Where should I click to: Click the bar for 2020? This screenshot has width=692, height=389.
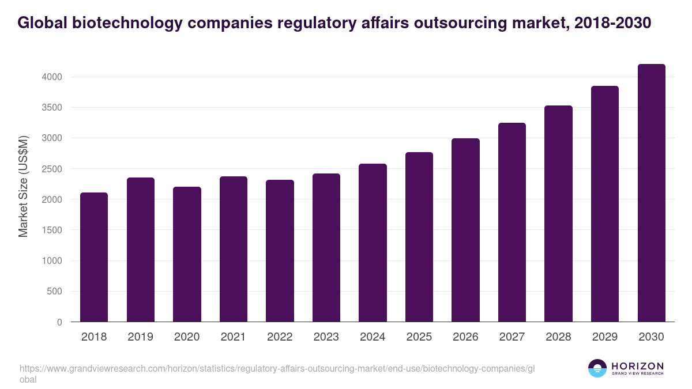tap(187, 254)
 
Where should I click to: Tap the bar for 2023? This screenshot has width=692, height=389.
tap(326, 248)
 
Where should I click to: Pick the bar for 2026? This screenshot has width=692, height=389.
tap(465, 230)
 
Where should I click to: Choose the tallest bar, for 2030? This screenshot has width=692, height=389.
tap(651, 193)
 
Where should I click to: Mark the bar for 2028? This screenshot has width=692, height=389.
tap(558, 214)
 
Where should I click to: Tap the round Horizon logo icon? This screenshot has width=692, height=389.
tap(597, 369)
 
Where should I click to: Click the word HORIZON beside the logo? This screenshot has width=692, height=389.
tap(637, 366)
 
